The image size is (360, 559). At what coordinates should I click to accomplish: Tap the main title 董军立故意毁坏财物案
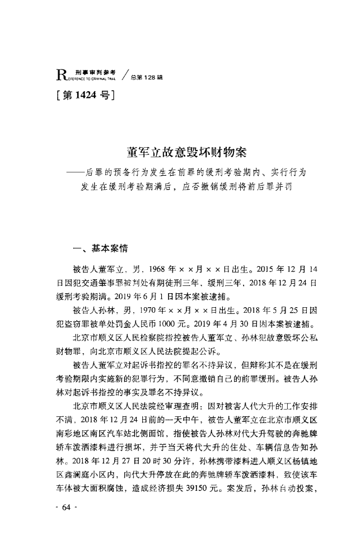[x=180, y=152]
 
